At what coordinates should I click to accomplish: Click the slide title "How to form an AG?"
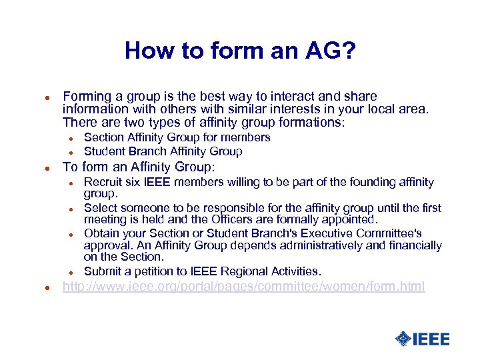point(239,51)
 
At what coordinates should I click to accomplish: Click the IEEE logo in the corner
point(422,339)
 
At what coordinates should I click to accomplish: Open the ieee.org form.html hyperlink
point(243,287)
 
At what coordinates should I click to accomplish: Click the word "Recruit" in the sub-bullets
point(103,182)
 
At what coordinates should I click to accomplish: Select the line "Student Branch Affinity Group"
point(163,151)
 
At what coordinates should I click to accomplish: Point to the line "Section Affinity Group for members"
point(177,137)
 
